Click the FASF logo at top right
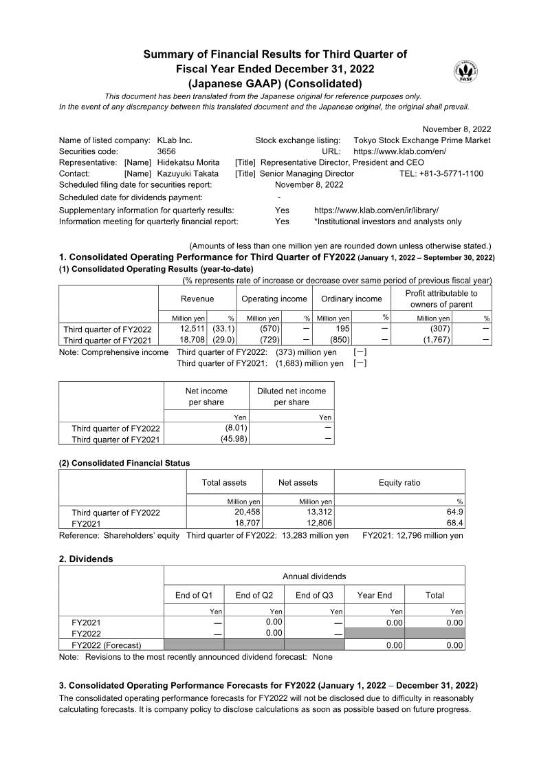pyautogui.click(x=465, y=72)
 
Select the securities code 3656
pyautogui.click(x=168, y=151)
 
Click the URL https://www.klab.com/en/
pyautogui.click(x=399, y=151)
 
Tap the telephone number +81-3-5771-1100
pyautogui.click(x=441, y=173)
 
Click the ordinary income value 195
pyautogui.click(x=343, y=329)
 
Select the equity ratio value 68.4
pyautogui.click(x=454, y=523)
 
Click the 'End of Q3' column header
pyautogui.click(x=314, y=595)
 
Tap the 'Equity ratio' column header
pyautogui.click(x=399, y=483)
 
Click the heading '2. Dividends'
pyautogui.click(x=86, y=559)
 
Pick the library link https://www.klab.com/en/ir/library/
pyautogui.click(x=376, y=210)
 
